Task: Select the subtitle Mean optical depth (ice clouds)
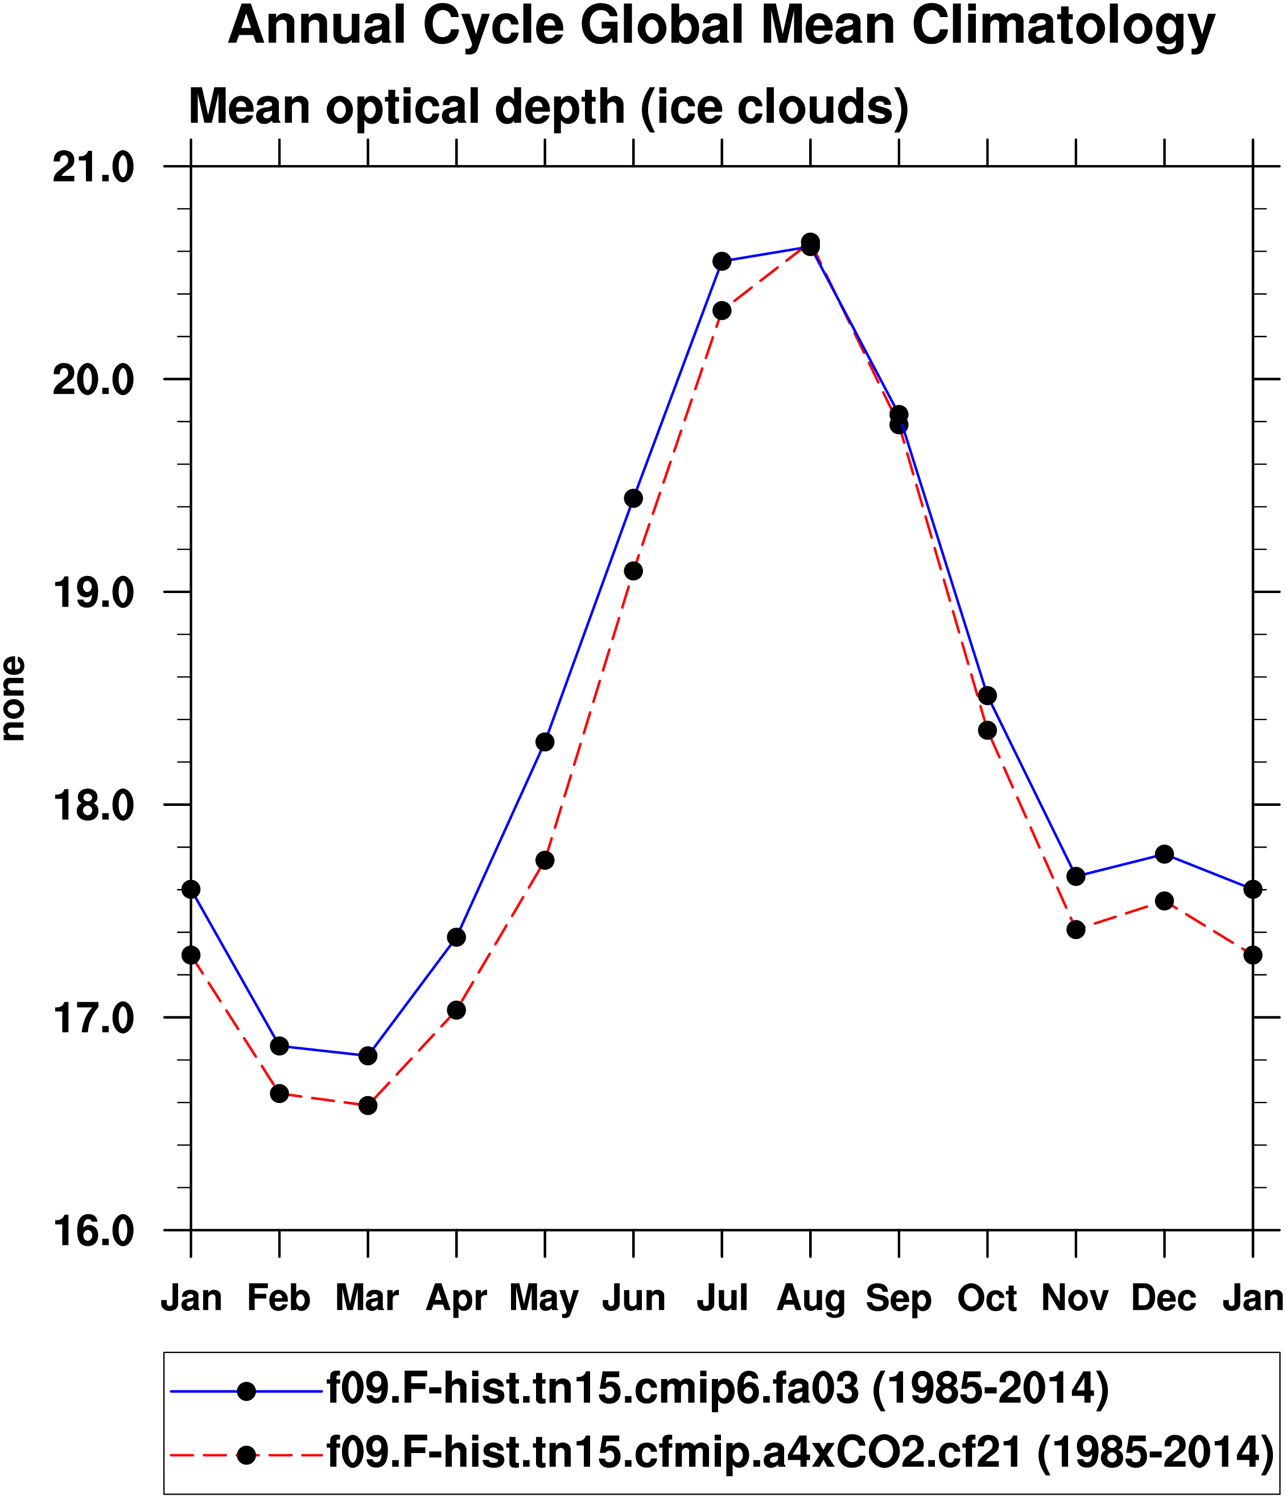pos(548,107)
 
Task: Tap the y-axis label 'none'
pos(13,698)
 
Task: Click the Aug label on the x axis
pos(810,1299)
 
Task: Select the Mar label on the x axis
pos(367,1299)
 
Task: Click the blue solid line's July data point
pos(722,261)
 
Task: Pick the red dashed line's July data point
pos(722,311)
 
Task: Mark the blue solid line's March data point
pos(368,1056)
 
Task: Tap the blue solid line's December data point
pos(1164,854)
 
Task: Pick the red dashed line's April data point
pos(456,1011)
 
